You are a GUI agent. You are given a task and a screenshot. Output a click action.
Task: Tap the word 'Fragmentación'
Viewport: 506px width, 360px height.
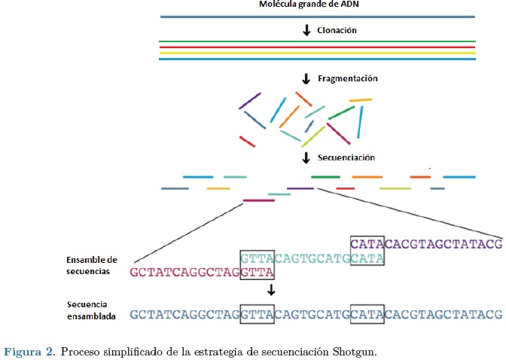(346, 78)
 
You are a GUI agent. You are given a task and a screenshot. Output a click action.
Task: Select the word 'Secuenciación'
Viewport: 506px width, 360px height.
(346, 158)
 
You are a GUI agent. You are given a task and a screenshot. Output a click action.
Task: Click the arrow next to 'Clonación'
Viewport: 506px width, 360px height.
(306, 31)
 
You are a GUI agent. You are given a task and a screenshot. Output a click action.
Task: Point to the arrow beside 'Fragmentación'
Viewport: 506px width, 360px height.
(306, 78)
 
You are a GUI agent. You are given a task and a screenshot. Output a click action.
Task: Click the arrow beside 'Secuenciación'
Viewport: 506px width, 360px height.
(306, 158)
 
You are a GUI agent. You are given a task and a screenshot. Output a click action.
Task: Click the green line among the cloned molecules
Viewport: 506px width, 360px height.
(317, 41)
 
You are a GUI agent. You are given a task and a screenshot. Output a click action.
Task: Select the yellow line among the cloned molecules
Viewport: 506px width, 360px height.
(317, 53)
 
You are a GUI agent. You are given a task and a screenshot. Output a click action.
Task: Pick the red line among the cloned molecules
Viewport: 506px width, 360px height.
(317, 47)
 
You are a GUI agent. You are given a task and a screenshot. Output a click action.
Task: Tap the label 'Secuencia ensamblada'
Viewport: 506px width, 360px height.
(91, 312)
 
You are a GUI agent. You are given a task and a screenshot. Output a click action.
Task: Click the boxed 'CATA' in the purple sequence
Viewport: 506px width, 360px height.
(367, 243)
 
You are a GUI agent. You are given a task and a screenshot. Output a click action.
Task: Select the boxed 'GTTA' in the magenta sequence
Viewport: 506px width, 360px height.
(256, 272)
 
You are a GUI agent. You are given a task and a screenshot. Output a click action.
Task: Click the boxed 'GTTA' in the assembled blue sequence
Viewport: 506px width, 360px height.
(256, 315)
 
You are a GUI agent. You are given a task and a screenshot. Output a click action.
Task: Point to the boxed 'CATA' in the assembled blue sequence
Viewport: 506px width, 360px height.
(367, 315)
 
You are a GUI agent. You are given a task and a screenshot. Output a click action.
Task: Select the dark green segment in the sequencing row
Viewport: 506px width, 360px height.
(325, 177)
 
